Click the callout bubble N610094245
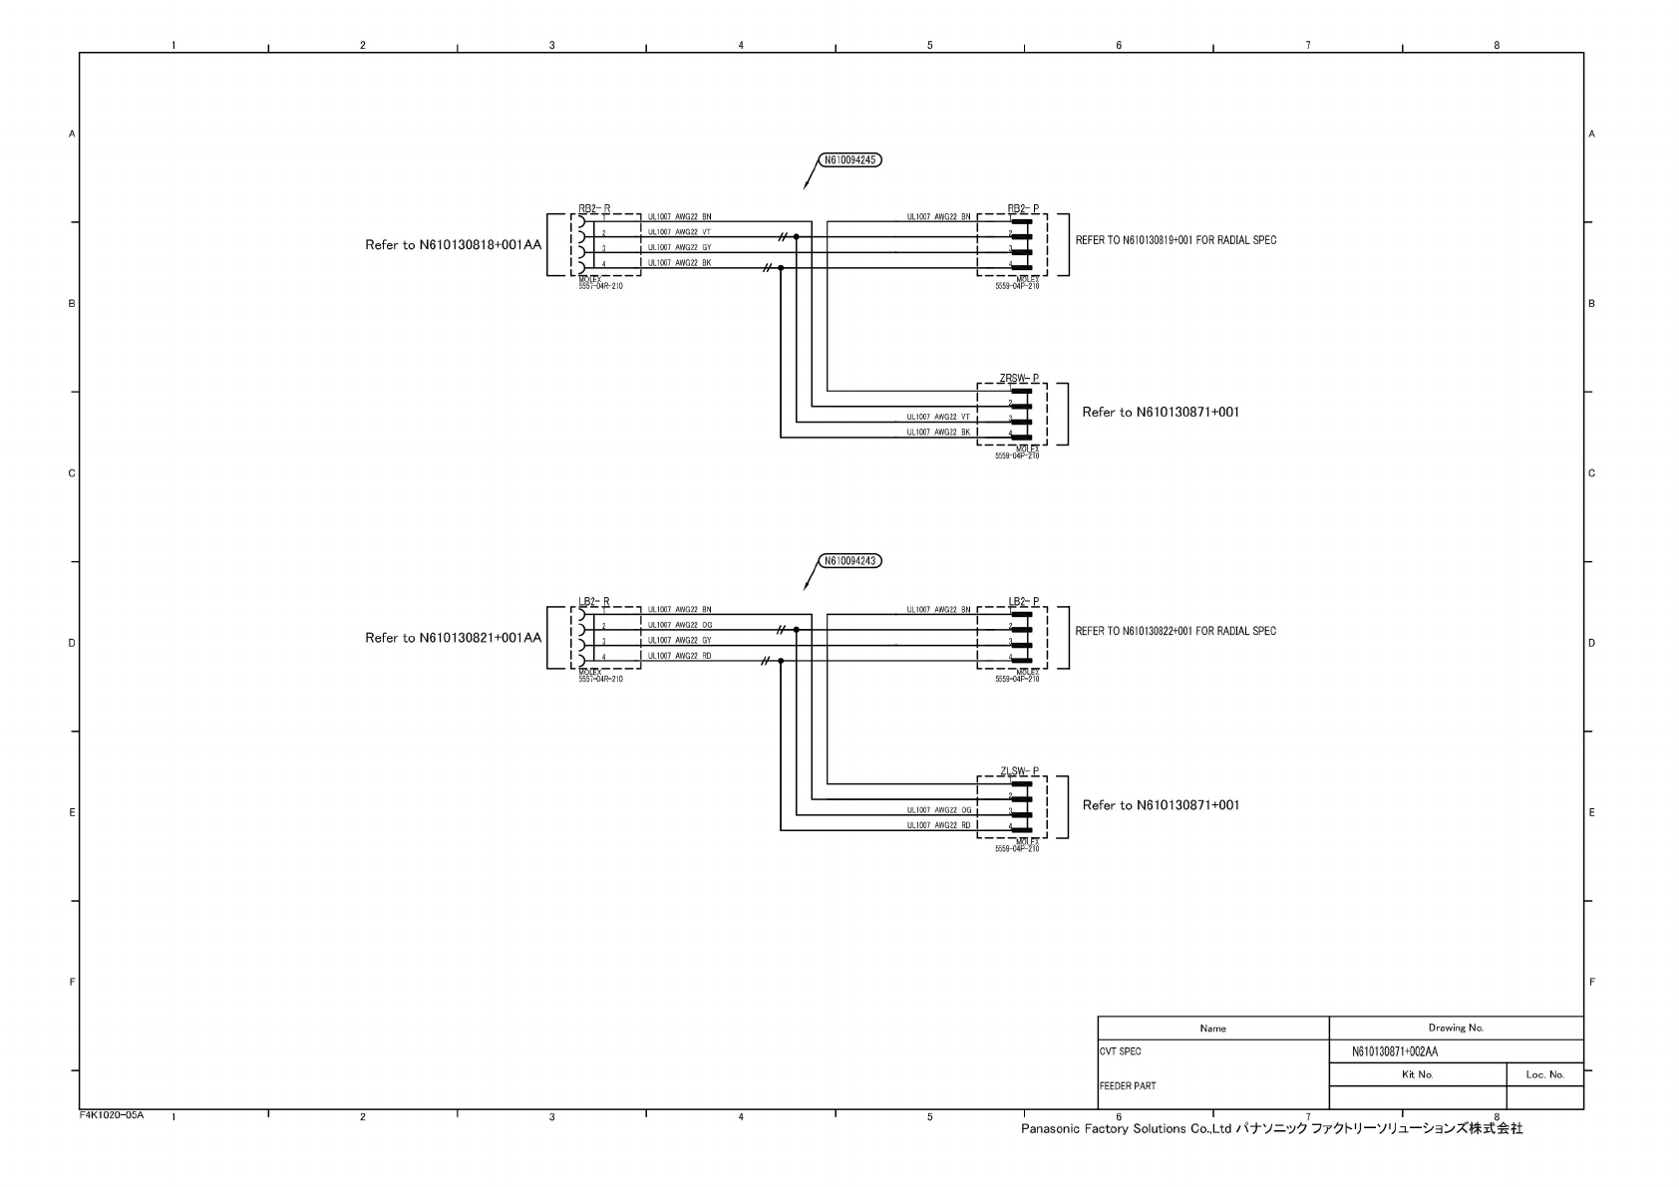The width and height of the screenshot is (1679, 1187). pos(850,159)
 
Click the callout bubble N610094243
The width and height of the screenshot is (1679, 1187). pos(850,560)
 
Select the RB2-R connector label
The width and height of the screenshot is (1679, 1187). pos(594,209)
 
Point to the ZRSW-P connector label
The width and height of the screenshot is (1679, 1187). pos(1019,379)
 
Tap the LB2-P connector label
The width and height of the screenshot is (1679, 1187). pos(1023,602)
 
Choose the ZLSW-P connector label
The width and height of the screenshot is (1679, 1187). pos(1019,771)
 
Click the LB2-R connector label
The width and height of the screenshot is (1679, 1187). pos(594,602)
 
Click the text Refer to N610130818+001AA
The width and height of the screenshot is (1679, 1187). pos(453,244)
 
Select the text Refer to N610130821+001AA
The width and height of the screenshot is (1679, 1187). pos(453,638)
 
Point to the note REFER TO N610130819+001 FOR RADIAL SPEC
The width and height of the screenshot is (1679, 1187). pos(1175,240)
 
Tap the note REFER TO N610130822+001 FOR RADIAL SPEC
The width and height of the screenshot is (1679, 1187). pos(1175,631)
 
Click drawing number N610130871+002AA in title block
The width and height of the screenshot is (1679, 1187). pos(1394,1051)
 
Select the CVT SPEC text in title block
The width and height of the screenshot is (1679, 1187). pos(1121,1051)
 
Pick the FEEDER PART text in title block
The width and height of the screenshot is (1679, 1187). pos(1128,1085)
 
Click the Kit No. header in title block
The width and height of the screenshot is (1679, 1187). pos(1417,1074)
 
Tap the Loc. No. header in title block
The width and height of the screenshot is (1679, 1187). pos(1544,1074)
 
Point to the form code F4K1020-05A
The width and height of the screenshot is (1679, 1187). pos(112,1114)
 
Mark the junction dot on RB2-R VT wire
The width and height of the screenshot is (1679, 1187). pos(796,237)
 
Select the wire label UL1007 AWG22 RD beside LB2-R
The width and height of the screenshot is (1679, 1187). pos(679,656)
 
